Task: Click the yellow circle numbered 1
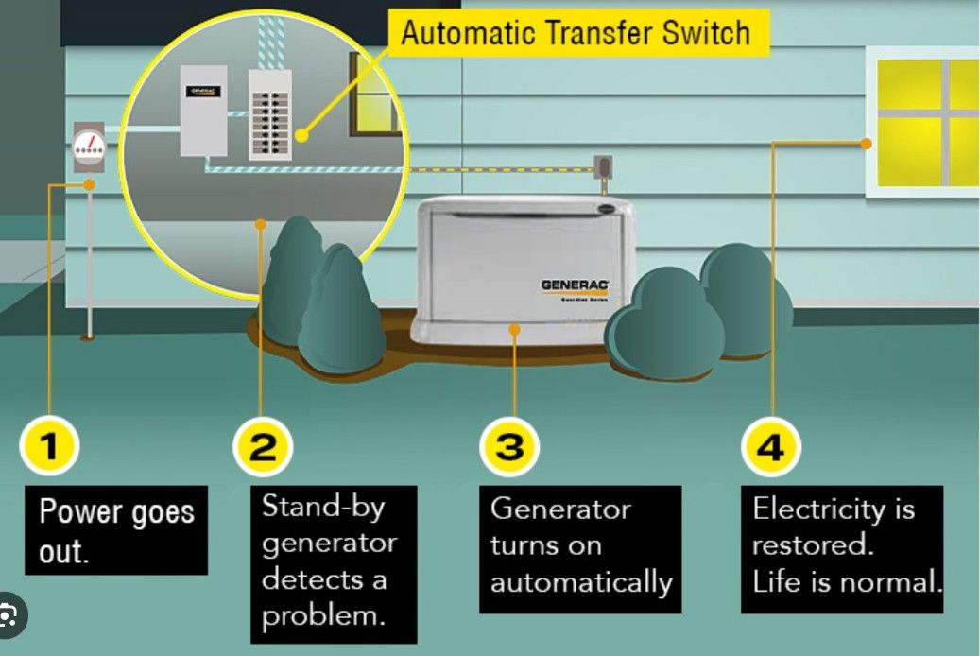coord(48,446)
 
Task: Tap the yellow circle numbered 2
coord(263,446)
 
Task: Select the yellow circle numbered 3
coord(510,446)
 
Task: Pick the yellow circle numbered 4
coord(771,446)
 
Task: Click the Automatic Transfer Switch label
coord(576,33)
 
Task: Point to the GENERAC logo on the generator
coord(575,284)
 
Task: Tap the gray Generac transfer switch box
coord(203,111)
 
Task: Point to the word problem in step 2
coord(322,615)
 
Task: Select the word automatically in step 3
coord(580,581)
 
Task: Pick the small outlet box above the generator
coord(602,168)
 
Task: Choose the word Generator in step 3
coord(560,509)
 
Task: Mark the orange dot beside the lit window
coord(866,144)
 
